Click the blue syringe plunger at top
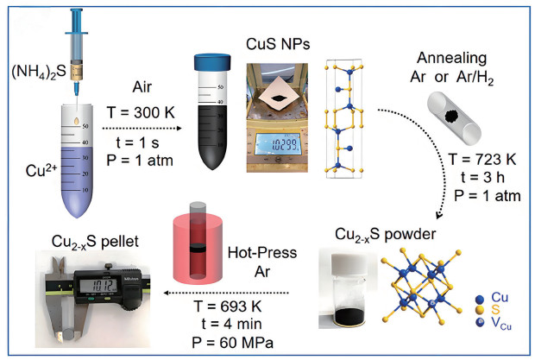pyautogui.click(x=70, y=15)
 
